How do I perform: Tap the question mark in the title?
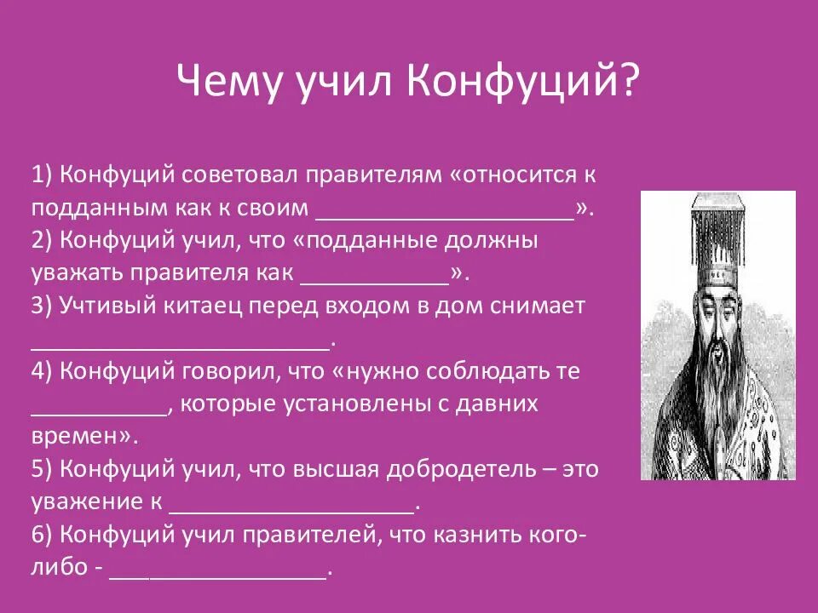[x=628, y=83]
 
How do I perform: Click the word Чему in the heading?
[x=225, y=83]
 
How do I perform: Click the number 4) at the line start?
[x=43, y=372]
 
